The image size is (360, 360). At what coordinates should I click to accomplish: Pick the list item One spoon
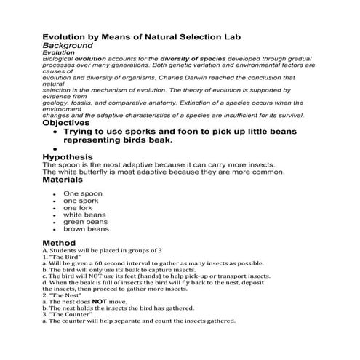click(x=82, y=193)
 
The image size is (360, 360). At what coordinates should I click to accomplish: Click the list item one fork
click(x=77, y=207)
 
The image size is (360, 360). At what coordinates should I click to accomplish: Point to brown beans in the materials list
click(x=86, y=228)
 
